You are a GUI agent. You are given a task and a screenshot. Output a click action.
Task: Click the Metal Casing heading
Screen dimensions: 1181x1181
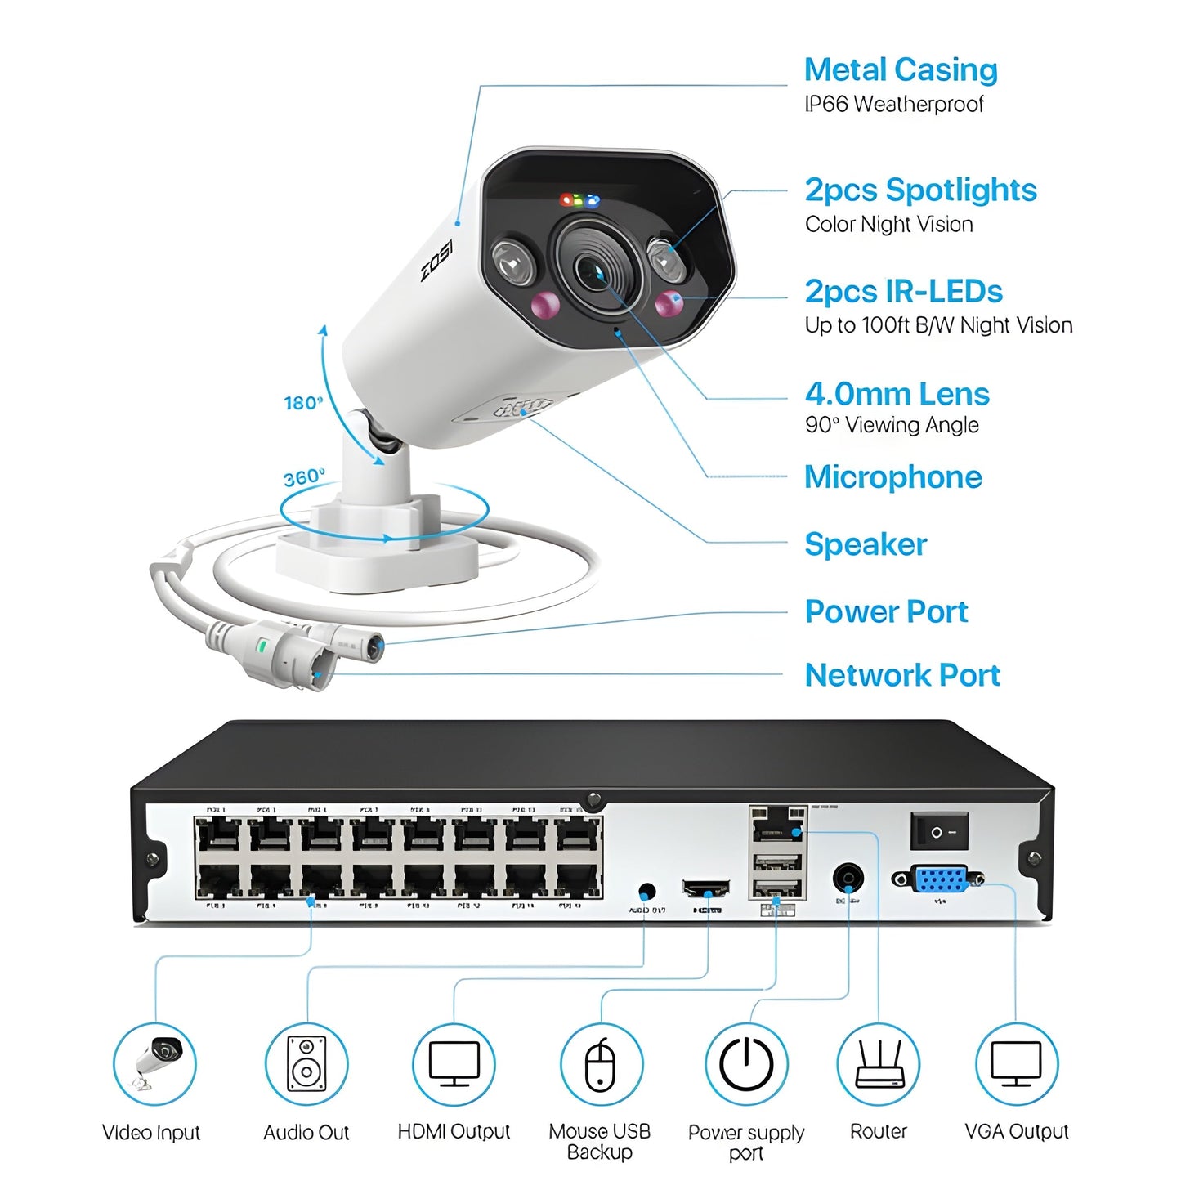point(901,70)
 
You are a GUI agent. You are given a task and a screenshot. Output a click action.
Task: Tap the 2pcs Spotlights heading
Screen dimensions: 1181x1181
point(920,190)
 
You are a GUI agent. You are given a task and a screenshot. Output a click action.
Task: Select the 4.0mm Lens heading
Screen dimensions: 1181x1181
point(897,394)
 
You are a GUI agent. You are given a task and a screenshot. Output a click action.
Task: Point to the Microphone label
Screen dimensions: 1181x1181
point(892,477)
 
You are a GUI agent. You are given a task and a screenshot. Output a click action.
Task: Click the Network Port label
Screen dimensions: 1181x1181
point(902,675)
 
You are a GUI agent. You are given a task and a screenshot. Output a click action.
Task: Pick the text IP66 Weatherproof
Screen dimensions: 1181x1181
point(893,105)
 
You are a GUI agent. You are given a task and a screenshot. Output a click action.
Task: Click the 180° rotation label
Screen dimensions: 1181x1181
point(303,403)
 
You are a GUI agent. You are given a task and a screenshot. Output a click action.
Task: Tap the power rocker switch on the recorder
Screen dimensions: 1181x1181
point(939,831)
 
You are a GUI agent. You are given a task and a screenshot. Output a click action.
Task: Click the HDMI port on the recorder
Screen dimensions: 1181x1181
point(706,888)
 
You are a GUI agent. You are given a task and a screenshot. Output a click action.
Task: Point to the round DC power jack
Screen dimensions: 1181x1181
point(848,879)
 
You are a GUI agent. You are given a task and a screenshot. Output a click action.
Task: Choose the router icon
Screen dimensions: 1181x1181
point(879,1064)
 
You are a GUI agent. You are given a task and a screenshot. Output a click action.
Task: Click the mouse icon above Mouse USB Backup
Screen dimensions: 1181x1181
point(601,1064)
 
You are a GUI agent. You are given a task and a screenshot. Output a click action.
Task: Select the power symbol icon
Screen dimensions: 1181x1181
point(746,1064)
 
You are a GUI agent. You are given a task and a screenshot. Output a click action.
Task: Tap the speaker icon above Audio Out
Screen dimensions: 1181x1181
point(306,1064)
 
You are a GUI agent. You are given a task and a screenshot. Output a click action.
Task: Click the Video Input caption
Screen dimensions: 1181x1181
point(151,1133)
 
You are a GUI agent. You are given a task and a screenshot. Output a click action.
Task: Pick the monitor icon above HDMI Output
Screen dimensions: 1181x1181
point(454,1064)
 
